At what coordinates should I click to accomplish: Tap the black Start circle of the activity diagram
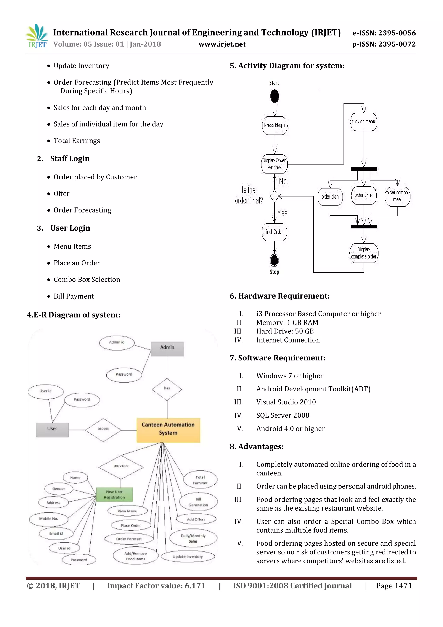pyautogui.click(x=274, y=96)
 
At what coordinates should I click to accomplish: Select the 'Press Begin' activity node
pyautogui.click(x=274, y=125)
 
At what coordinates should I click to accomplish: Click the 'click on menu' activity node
pyautogui.click(x=363, y=122)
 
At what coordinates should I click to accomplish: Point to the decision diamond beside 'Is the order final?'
pyautogui.click(x=274, y=196)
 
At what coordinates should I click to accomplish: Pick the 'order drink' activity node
pyautogui.click(x=363, y=195)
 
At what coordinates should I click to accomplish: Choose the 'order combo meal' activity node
pyautogui.click(x=397, y=196)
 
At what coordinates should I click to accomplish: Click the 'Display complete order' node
pyautogui.click(x=364, y=253)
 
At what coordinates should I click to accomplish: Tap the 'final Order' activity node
pyautogui.click(x=274, y=232)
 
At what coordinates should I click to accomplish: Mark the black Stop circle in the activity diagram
pyautogui.click(x=274, y=260)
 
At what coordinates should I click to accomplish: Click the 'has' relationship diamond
pyautogui.click(x=167, y=389)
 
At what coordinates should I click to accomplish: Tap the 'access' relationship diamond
pyautogui.click(x=103, y=430)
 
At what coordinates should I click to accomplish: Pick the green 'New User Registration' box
pyautogui.click(x=114, y=494)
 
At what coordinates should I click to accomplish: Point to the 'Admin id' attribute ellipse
pyautogui.click(x=117, y=343)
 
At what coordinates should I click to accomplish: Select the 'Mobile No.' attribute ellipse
pyautogui.click(x=48, y=519)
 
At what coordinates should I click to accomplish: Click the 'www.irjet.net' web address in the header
pyautogui.click(x=222, y=44)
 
